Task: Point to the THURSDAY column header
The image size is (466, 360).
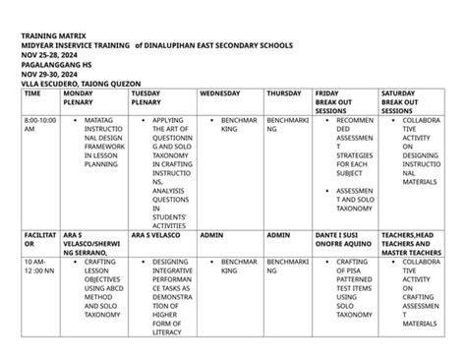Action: (284, 93)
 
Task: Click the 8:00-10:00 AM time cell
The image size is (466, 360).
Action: (40, 124)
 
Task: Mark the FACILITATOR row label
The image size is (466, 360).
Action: (40, 240)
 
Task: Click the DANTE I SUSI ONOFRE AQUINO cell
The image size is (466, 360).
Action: (344, 240)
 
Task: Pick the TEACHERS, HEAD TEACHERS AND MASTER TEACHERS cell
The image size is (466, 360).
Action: (408, 245)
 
